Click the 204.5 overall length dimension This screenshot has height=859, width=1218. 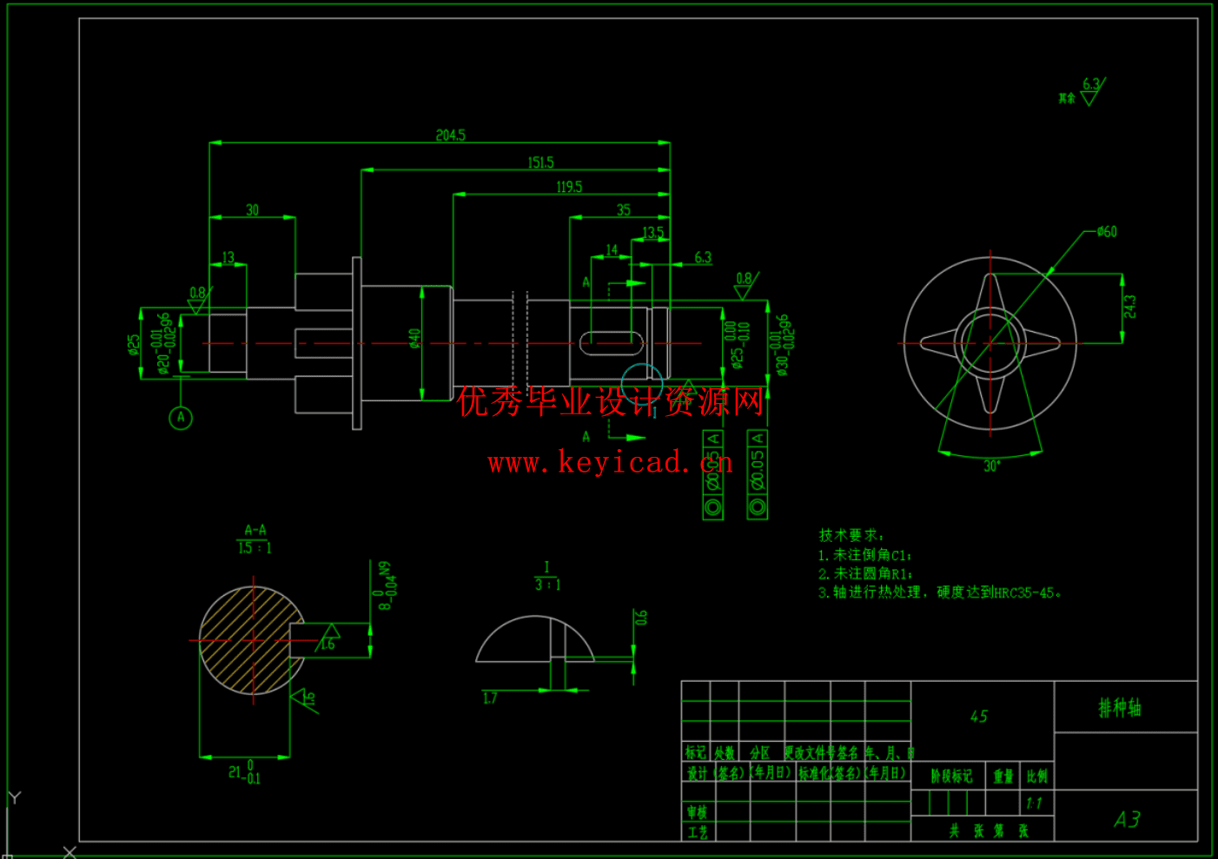point(450,135)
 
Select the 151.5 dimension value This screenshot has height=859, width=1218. point(540,162)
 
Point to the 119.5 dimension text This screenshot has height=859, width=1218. point(569,187)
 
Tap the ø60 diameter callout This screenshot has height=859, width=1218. point(1107,232)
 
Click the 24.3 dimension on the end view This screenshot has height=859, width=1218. point(1129,307)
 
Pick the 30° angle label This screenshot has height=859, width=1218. point(991,466)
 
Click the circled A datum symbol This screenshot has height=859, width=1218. point(181,418)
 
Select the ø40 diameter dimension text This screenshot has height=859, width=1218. point(414,338)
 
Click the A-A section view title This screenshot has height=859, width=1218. point(255,530)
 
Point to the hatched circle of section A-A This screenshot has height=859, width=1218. point(252,640)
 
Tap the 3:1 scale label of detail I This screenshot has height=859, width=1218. point(547,585)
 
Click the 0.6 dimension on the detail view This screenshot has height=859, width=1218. point(641,618)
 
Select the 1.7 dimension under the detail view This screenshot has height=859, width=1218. point(490,697)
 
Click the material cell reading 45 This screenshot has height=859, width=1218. point(979,717)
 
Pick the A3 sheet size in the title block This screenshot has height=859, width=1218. point(1127,819)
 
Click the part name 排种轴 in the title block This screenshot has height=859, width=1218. point(1120,708)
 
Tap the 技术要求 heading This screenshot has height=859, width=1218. point(851,535)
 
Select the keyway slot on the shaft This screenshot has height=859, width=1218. point(612,343)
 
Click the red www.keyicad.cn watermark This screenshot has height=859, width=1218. point(610,462)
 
